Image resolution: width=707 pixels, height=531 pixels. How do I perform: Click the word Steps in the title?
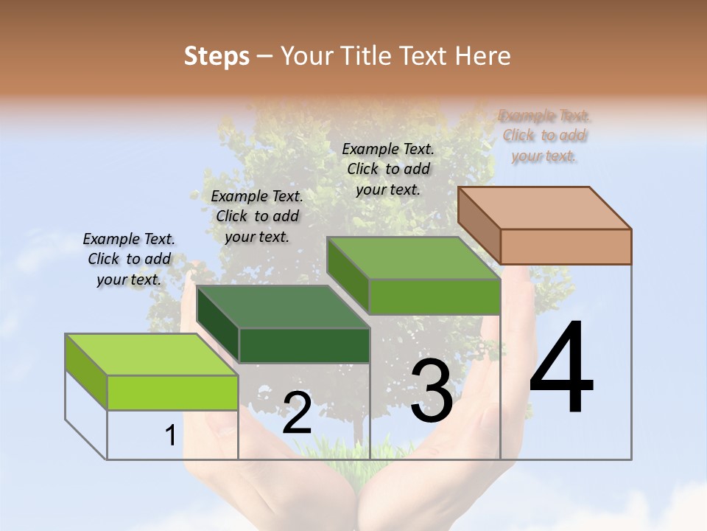click(x=217, y=56)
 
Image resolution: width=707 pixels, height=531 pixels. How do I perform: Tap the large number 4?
click(x=561, y=369)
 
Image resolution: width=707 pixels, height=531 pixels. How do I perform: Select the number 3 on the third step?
click(x=432, y=391)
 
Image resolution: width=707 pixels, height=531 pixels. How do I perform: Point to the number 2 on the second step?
click(x=297, y=413)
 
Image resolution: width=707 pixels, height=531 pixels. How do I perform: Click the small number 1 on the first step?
click(x=170, y=436)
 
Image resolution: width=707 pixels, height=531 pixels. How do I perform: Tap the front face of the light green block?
click(x=172, y=392)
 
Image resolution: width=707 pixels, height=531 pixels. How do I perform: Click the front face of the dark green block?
click(x=304, y=345)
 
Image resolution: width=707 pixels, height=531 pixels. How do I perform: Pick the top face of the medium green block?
click(x=412, y=258)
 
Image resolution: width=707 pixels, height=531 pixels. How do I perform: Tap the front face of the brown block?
click(x=566, y=246)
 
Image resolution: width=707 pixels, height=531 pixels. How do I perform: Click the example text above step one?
click(x=129, y=259)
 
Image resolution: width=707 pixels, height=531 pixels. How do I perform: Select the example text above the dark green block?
click(x=257, y=216)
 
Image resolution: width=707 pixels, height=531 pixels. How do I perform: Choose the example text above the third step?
click(x=388, y=169)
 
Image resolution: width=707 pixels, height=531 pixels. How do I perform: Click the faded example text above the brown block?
click(x=544, y=136)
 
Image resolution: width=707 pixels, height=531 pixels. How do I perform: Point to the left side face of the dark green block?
click(x=218, y=324)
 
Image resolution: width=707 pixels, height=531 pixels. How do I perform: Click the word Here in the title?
click(x=484, y=56)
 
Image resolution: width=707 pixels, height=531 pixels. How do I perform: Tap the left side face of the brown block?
click(x=479, y=226)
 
